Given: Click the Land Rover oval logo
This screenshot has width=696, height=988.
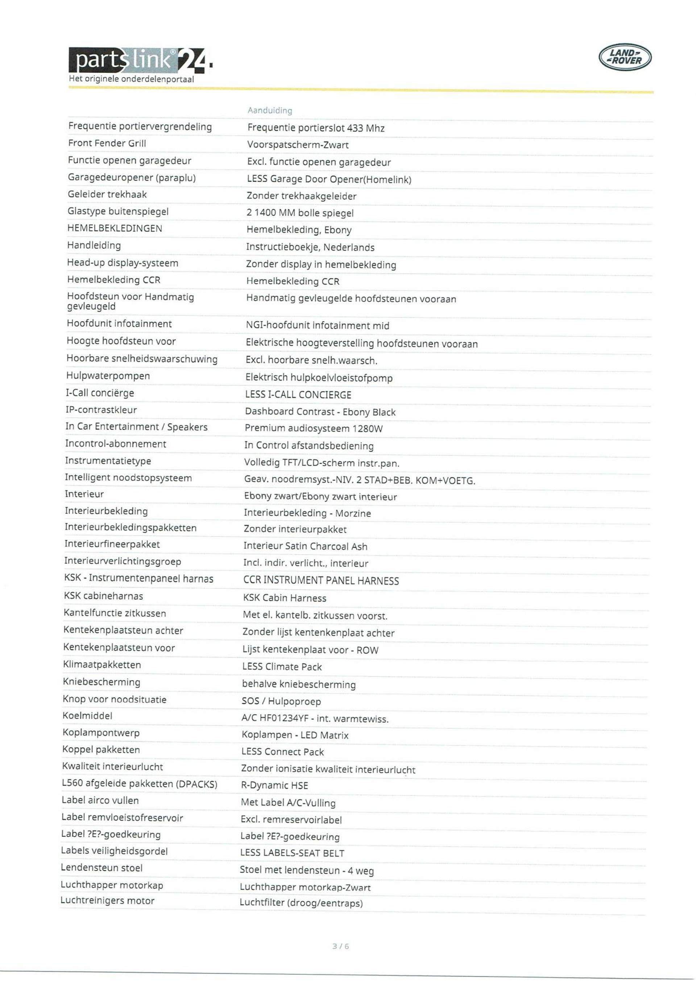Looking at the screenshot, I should point(625,57).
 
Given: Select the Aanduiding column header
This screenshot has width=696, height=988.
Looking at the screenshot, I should point(270,111).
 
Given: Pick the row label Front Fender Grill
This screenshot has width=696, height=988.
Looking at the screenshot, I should point(107,143).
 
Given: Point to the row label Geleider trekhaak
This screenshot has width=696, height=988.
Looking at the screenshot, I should point(107,194).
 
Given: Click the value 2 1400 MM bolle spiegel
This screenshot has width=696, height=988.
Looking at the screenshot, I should point(300,213).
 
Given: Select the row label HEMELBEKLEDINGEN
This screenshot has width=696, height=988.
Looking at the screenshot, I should point(115,228).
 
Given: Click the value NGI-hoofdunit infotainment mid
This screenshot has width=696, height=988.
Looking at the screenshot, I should point(318,326).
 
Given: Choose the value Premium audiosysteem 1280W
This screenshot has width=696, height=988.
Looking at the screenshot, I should point(314,429).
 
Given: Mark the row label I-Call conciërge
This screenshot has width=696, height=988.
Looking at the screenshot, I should point(100,393).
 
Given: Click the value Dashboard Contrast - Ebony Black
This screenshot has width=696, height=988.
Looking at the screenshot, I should point(320,412).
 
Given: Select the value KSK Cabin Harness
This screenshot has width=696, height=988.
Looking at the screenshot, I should point(285,598).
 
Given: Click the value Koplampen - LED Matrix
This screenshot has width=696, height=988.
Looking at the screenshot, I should point(295,735).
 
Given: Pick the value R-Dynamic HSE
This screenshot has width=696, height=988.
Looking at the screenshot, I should point(274,786).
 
